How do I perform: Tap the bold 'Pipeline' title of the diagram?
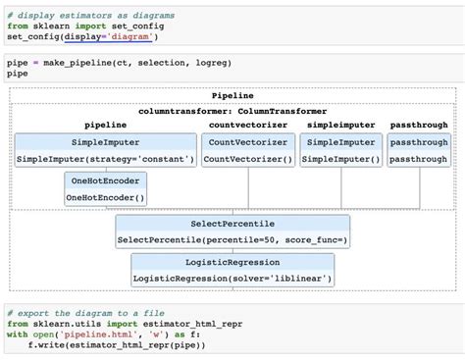[232, 96]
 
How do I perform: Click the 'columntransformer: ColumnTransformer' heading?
[232, 111]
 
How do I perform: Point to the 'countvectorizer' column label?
[247, 126]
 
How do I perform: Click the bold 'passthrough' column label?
[418, 126]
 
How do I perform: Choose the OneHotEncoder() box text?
[105, 198]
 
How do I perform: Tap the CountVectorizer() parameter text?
[247, 159]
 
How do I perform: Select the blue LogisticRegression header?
[232, 263]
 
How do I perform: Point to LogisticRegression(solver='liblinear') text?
[232, 280]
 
